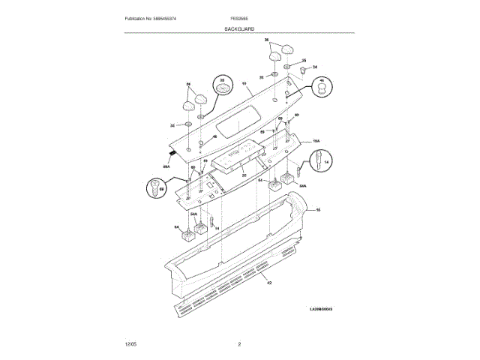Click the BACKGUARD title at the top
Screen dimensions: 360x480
click(239, 28)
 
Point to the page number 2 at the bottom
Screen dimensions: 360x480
click(239, 343)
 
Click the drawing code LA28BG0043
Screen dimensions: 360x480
click(321, 308)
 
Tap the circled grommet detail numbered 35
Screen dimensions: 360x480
click(223, 87)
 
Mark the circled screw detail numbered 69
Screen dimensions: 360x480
click(157, 188)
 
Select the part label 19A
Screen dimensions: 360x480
click(316, 140)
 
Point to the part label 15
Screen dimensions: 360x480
click(317, 211)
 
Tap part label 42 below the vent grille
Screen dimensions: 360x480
click(268, 283)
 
